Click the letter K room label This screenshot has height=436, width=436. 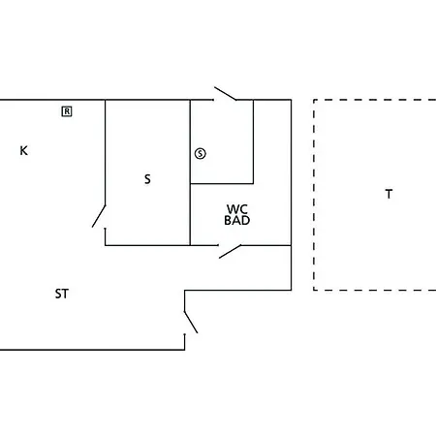click(x=23, y=150)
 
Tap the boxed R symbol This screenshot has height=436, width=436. click(x=67, y=111)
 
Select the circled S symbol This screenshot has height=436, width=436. click(x=201, y=153)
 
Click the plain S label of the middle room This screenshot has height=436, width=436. click(x=147, y=179)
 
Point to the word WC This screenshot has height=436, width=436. click(x=237, y=209)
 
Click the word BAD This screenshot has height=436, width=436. click(x=237, y=220)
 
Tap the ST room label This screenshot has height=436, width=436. click(x=62, y=294)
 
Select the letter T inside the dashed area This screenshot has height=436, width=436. click(x=389, y=194)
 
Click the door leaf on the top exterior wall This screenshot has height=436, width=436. click(x=225, y=93)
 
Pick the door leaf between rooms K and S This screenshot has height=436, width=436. click(x=99, y=216)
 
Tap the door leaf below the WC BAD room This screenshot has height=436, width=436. click(x=230, y=252)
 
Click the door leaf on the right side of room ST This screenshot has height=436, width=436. click(x=191, y=322)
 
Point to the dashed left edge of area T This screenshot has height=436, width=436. click(x=314, y=195)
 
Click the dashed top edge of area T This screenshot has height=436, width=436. click(x=375, y=100)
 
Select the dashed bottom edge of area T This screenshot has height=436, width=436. click(x=375, y=290)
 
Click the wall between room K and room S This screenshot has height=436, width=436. click(x=105, y=152)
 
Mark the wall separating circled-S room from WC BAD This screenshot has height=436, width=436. click(x=222, y=184)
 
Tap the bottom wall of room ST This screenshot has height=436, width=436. click(x=92, y=350)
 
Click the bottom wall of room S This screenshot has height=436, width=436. click(x=147, y=245)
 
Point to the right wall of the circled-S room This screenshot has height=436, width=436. click(x=253, y=141)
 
